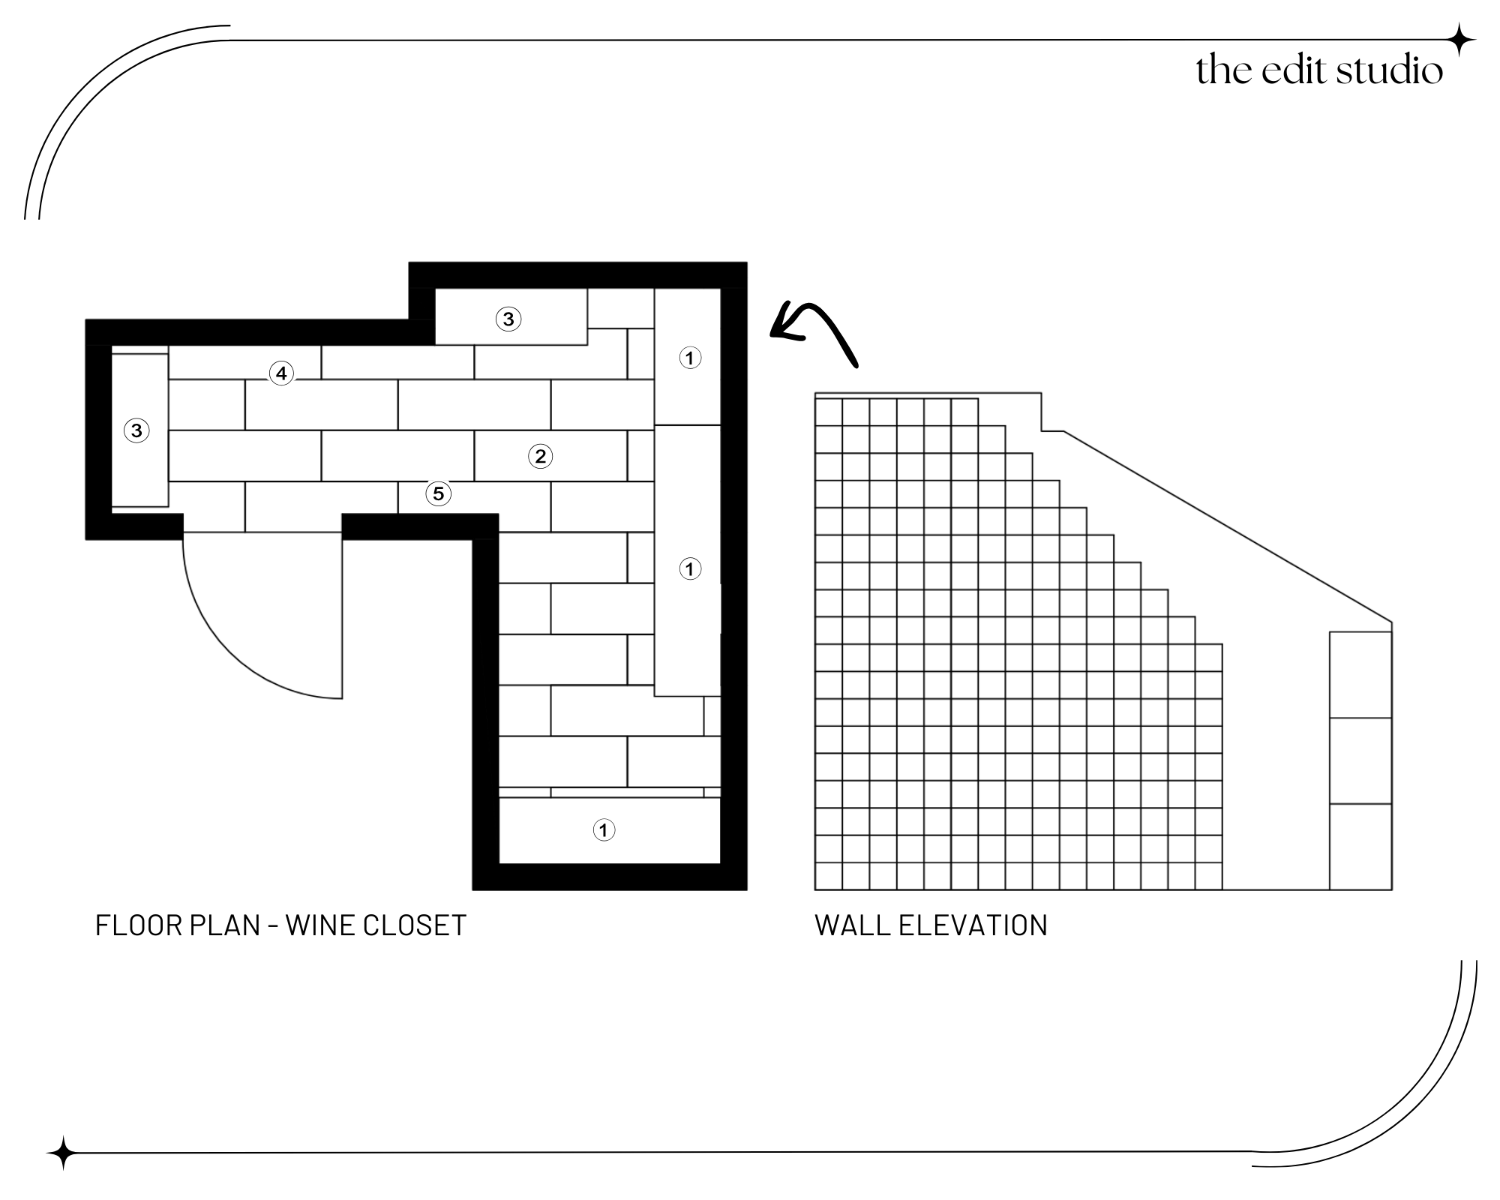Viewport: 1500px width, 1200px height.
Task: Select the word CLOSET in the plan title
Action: [415, 925]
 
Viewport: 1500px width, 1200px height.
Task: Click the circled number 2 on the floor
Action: [540, 456]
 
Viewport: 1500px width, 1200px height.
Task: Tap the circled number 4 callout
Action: [281, 373]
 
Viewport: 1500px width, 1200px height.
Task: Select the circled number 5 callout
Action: [439, 493]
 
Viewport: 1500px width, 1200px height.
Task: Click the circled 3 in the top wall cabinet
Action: [508, 319]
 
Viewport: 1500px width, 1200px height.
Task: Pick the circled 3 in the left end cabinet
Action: [136, 431]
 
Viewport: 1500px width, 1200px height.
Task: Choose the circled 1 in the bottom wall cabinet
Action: [604, 830]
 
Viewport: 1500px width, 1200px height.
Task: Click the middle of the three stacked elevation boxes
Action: [1360, 760]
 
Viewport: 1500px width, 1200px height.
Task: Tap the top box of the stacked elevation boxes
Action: [1360, 675]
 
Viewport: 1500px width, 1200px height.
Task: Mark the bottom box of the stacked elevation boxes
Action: [1360, 847]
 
